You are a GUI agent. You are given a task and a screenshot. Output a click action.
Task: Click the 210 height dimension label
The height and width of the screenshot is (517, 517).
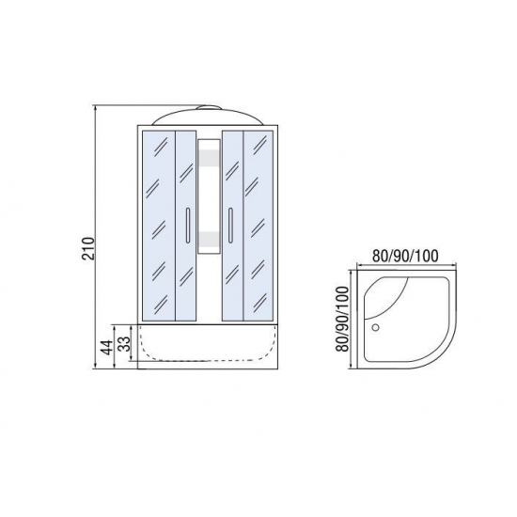click(x=89, y=248)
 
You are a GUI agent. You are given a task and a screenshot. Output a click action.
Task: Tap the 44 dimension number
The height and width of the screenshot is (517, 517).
click(x=107, y=347)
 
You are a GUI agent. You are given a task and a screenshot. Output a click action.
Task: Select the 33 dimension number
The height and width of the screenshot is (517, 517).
click(x=124, y=343)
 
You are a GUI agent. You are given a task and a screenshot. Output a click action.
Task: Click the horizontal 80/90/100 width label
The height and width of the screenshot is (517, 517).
click(x=405, y=256)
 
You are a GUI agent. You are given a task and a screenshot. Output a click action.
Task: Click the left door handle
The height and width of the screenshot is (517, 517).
click(x=188, y=226)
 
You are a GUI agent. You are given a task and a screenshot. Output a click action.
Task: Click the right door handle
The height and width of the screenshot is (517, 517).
click(x=230, y=226)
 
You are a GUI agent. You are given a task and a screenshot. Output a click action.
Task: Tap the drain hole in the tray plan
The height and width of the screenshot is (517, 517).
click(x=375, y=327)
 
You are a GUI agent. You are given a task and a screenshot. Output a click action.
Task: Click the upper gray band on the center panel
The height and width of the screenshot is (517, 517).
click(x=209, y=158)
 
